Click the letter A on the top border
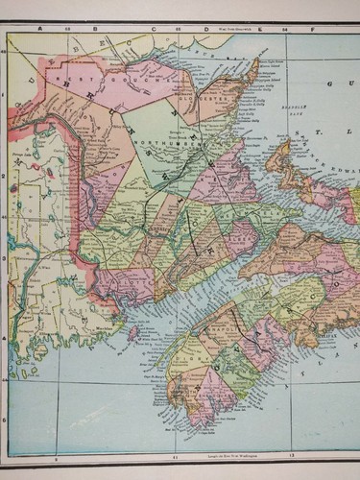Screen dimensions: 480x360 click(x=42, y=29)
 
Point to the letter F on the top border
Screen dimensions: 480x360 click(x=315, y=30)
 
